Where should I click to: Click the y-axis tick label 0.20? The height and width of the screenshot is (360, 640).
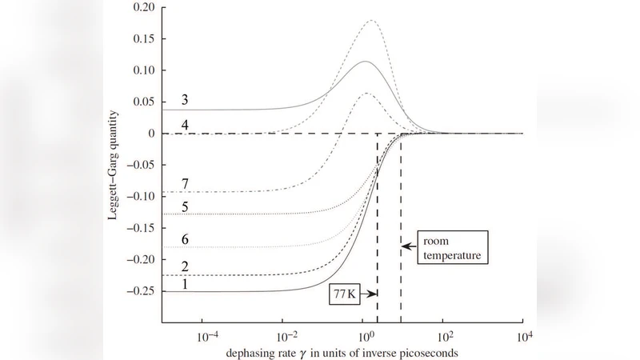point(141,7)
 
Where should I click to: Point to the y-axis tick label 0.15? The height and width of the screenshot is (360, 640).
point(141,38)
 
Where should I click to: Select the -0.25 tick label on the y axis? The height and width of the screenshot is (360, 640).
point(138,291)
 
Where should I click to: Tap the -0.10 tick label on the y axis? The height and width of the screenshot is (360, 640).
point(138,196)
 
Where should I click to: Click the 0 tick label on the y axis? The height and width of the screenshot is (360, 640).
point(150,134)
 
